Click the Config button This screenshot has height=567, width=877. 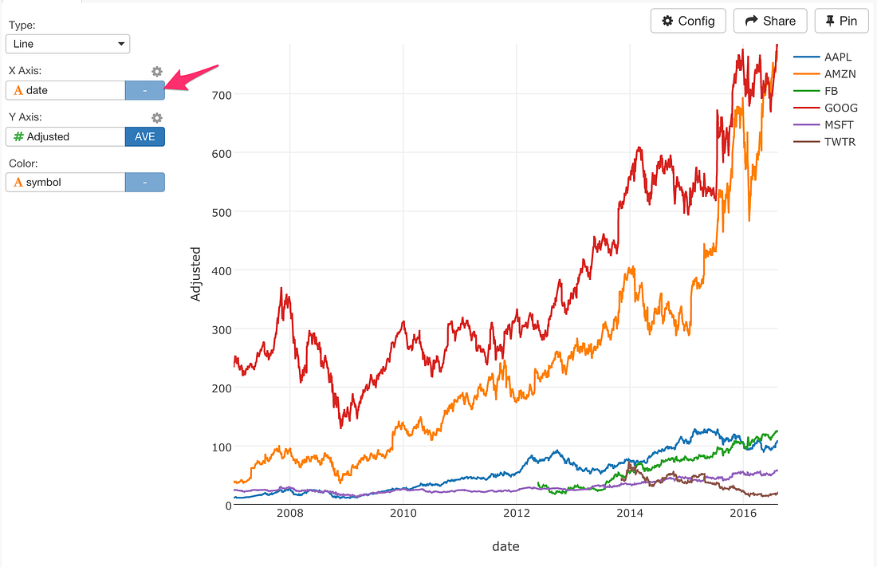pos(688,21)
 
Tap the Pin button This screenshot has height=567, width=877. pos(841,21)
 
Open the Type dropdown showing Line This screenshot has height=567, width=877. pos(68,44)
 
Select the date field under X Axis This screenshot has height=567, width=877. pos(65,90)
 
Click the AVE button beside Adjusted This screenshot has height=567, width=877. pos(144,136)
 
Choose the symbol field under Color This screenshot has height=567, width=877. pos(65,183)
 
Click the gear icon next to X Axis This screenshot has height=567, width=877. pos(157,72)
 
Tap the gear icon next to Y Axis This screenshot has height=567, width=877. pos(157,118)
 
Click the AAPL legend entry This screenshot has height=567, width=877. pos(838,57)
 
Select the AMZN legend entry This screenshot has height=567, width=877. pos(840,74)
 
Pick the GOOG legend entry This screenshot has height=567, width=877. pos(840,108)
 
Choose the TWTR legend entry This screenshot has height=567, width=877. pos(840,142)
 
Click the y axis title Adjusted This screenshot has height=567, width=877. pos(196,274)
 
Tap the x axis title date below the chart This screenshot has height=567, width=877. pos(505,546)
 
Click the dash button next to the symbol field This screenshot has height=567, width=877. pos(144,183)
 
